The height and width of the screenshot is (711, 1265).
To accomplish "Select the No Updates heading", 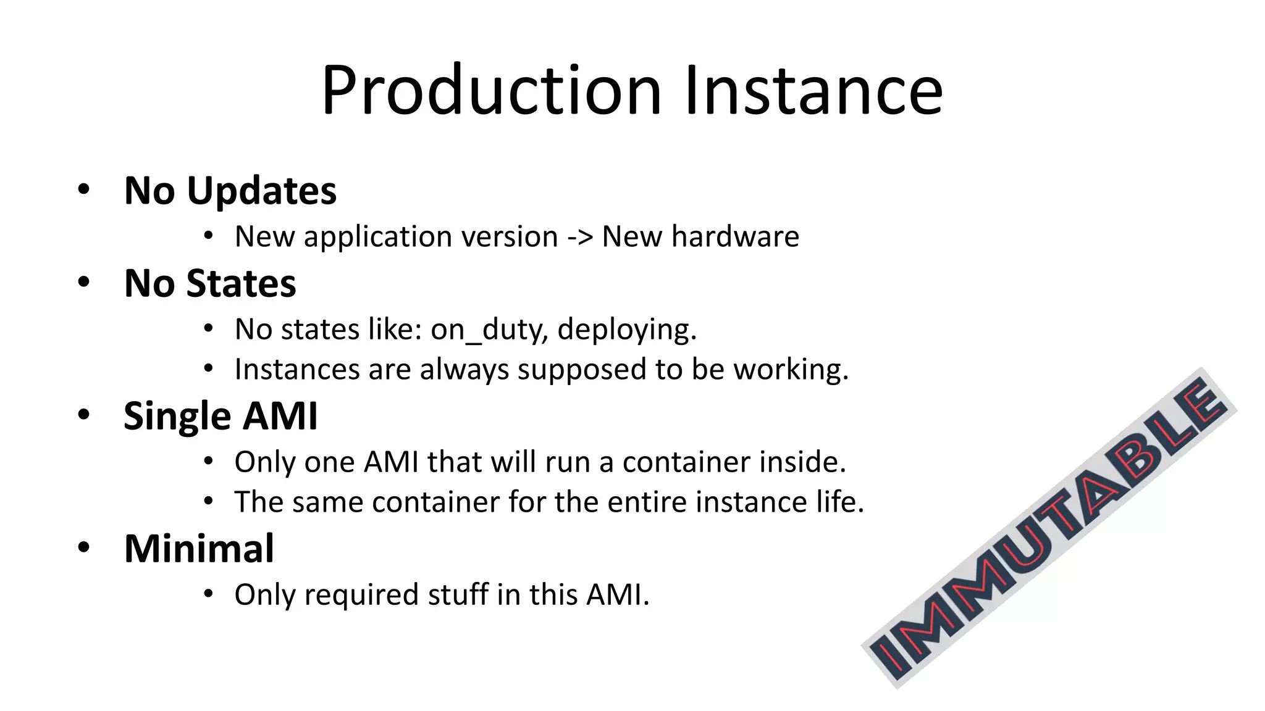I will pyautogui.click(x=230, y=191).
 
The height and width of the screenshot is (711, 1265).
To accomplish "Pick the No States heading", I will pyautogui.click(x=210, y=283).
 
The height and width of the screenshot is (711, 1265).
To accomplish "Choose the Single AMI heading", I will pyautogui.click(x=221, y=416).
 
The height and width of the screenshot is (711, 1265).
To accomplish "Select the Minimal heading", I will pyautogui.click(x=199, y=549).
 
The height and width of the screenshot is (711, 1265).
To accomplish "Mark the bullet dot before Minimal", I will pyautogui.click(x=84, y=547).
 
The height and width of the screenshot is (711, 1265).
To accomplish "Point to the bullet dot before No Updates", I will pyautogui.click(x=84, y=189).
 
